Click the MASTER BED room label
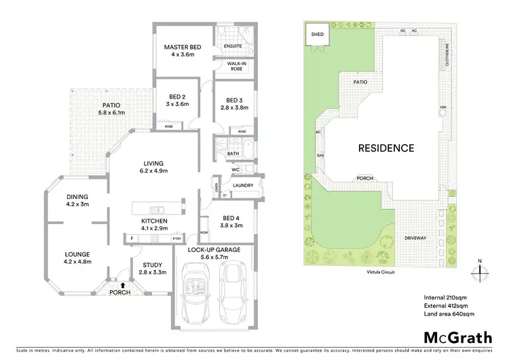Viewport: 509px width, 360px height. click(180, 48)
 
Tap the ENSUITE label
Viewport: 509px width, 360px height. click(234, 47)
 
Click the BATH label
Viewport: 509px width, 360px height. click(233, 154)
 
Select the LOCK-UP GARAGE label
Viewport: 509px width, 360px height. click(210, 250)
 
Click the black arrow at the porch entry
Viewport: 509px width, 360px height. click(121, 285)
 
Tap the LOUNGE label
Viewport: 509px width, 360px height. click(76, 254)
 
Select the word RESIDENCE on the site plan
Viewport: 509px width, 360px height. click(386, 147)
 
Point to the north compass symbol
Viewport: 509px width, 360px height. click(480, 270)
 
